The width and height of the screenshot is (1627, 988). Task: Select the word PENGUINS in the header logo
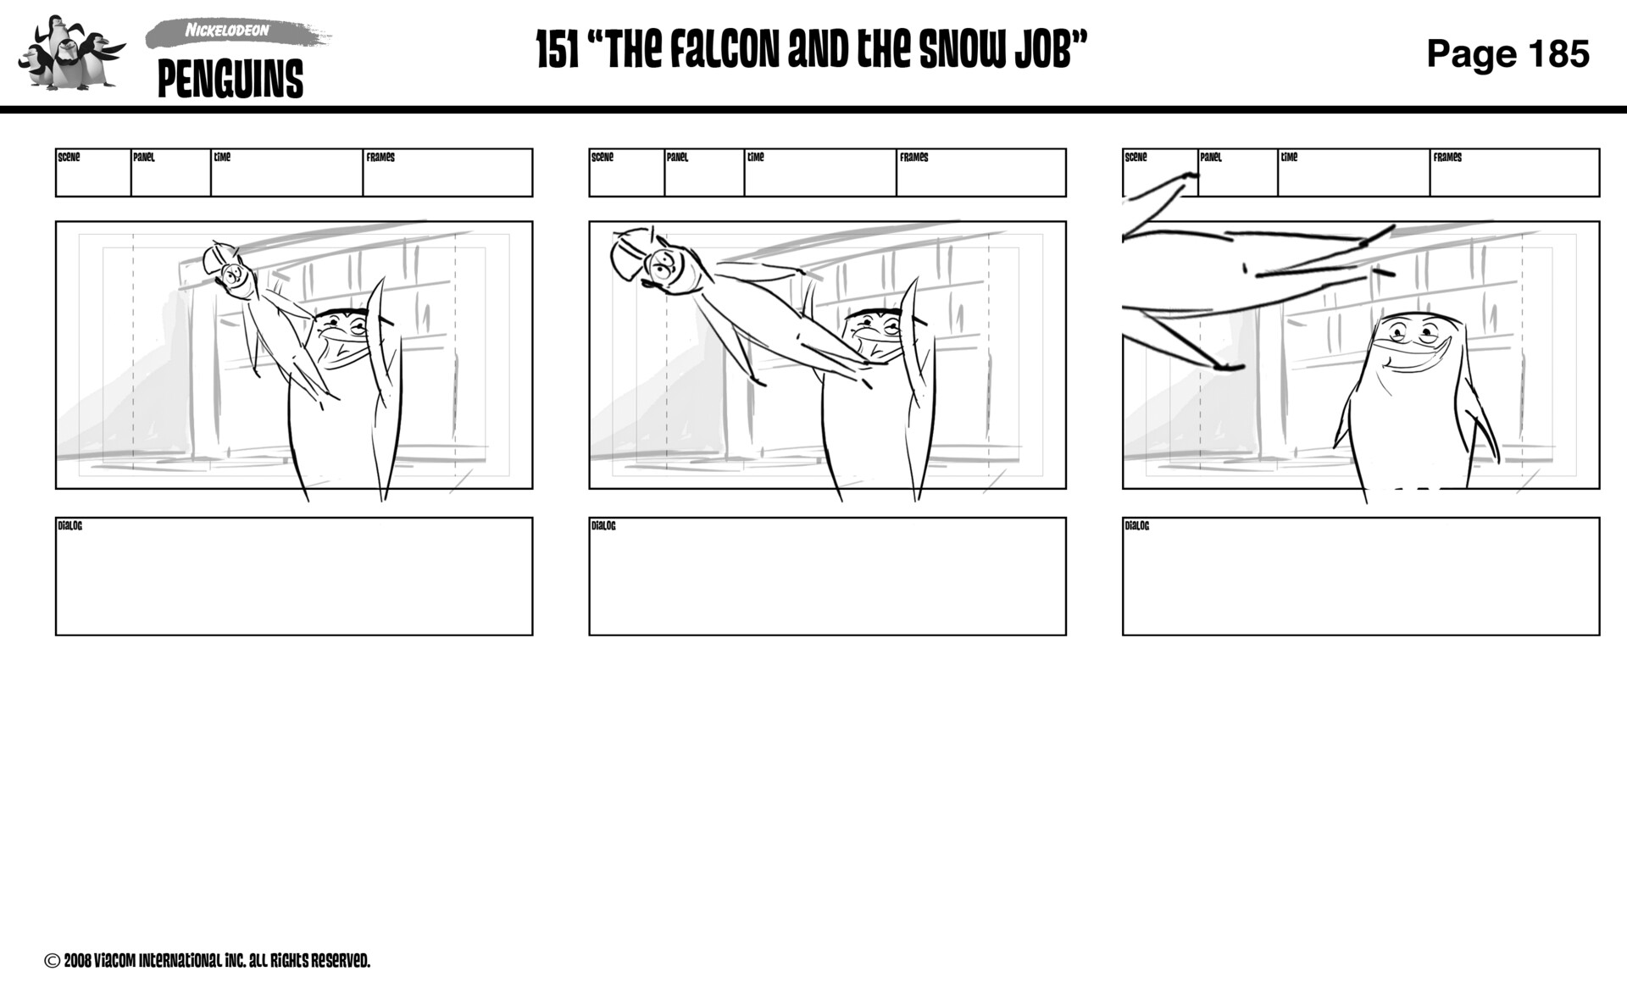coord(230,79)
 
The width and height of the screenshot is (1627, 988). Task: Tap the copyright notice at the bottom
coord(208,960)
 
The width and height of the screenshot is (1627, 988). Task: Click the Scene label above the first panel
coord(69,157)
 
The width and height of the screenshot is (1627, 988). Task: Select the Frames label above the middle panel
coord(913,157)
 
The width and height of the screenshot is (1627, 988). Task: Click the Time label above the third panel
coord(1289,157)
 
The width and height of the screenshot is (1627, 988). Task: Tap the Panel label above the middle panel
coord(677,157)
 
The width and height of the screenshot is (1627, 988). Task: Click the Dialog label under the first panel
coord(69,526)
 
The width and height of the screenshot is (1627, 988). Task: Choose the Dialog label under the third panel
coord(1136,526)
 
